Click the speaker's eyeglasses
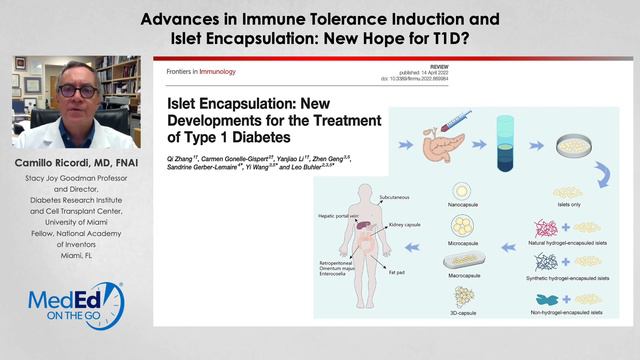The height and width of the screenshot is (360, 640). (78, 91)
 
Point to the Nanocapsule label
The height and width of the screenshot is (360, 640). (464, 209)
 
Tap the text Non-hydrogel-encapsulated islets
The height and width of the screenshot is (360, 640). (586, 321)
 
